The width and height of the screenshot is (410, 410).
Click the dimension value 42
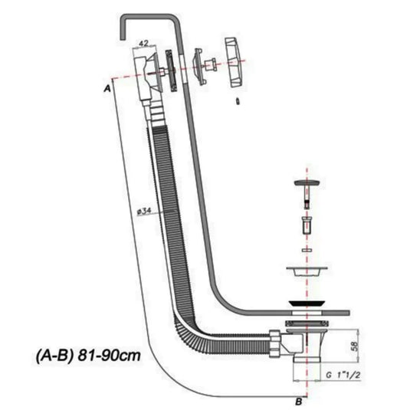click(x=143, y=43)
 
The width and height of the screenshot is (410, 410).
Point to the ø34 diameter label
click(x=144, y=211)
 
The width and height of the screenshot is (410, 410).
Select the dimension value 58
click(x=355, y=346)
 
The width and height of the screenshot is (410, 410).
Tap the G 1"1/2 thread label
click(x=343, y=376)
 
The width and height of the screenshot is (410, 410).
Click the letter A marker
click(x=107, y=88)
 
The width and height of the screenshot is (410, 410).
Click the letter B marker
click(x=299, y=401)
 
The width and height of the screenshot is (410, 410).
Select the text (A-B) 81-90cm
click(x=88, y=356)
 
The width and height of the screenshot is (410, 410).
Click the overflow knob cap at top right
click(x=235, y=62)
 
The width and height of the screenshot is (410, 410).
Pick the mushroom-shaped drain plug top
click(x=307, y=182)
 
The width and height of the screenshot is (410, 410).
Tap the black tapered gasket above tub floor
click(x=307, y=303)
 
